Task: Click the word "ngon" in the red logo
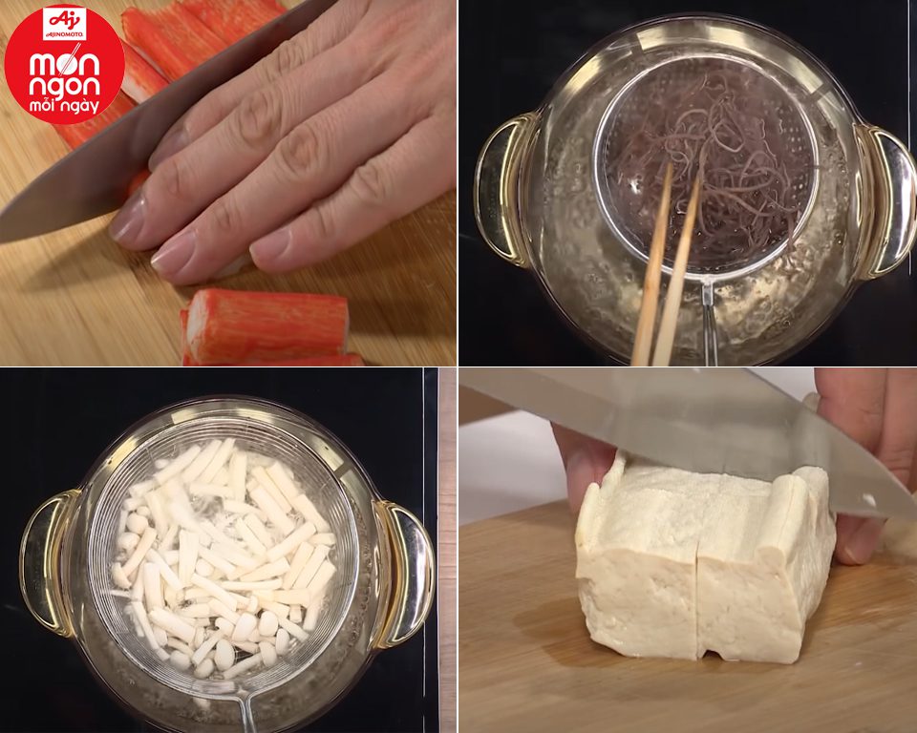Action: [64, 86]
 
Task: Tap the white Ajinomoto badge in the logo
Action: [64, 24]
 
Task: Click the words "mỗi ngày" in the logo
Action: [65, 107]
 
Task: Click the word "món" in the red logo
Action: [64, 63]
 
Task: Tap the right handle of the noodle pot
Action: [886, 200]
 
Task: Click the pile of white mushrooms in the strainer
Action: [223, 555]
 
